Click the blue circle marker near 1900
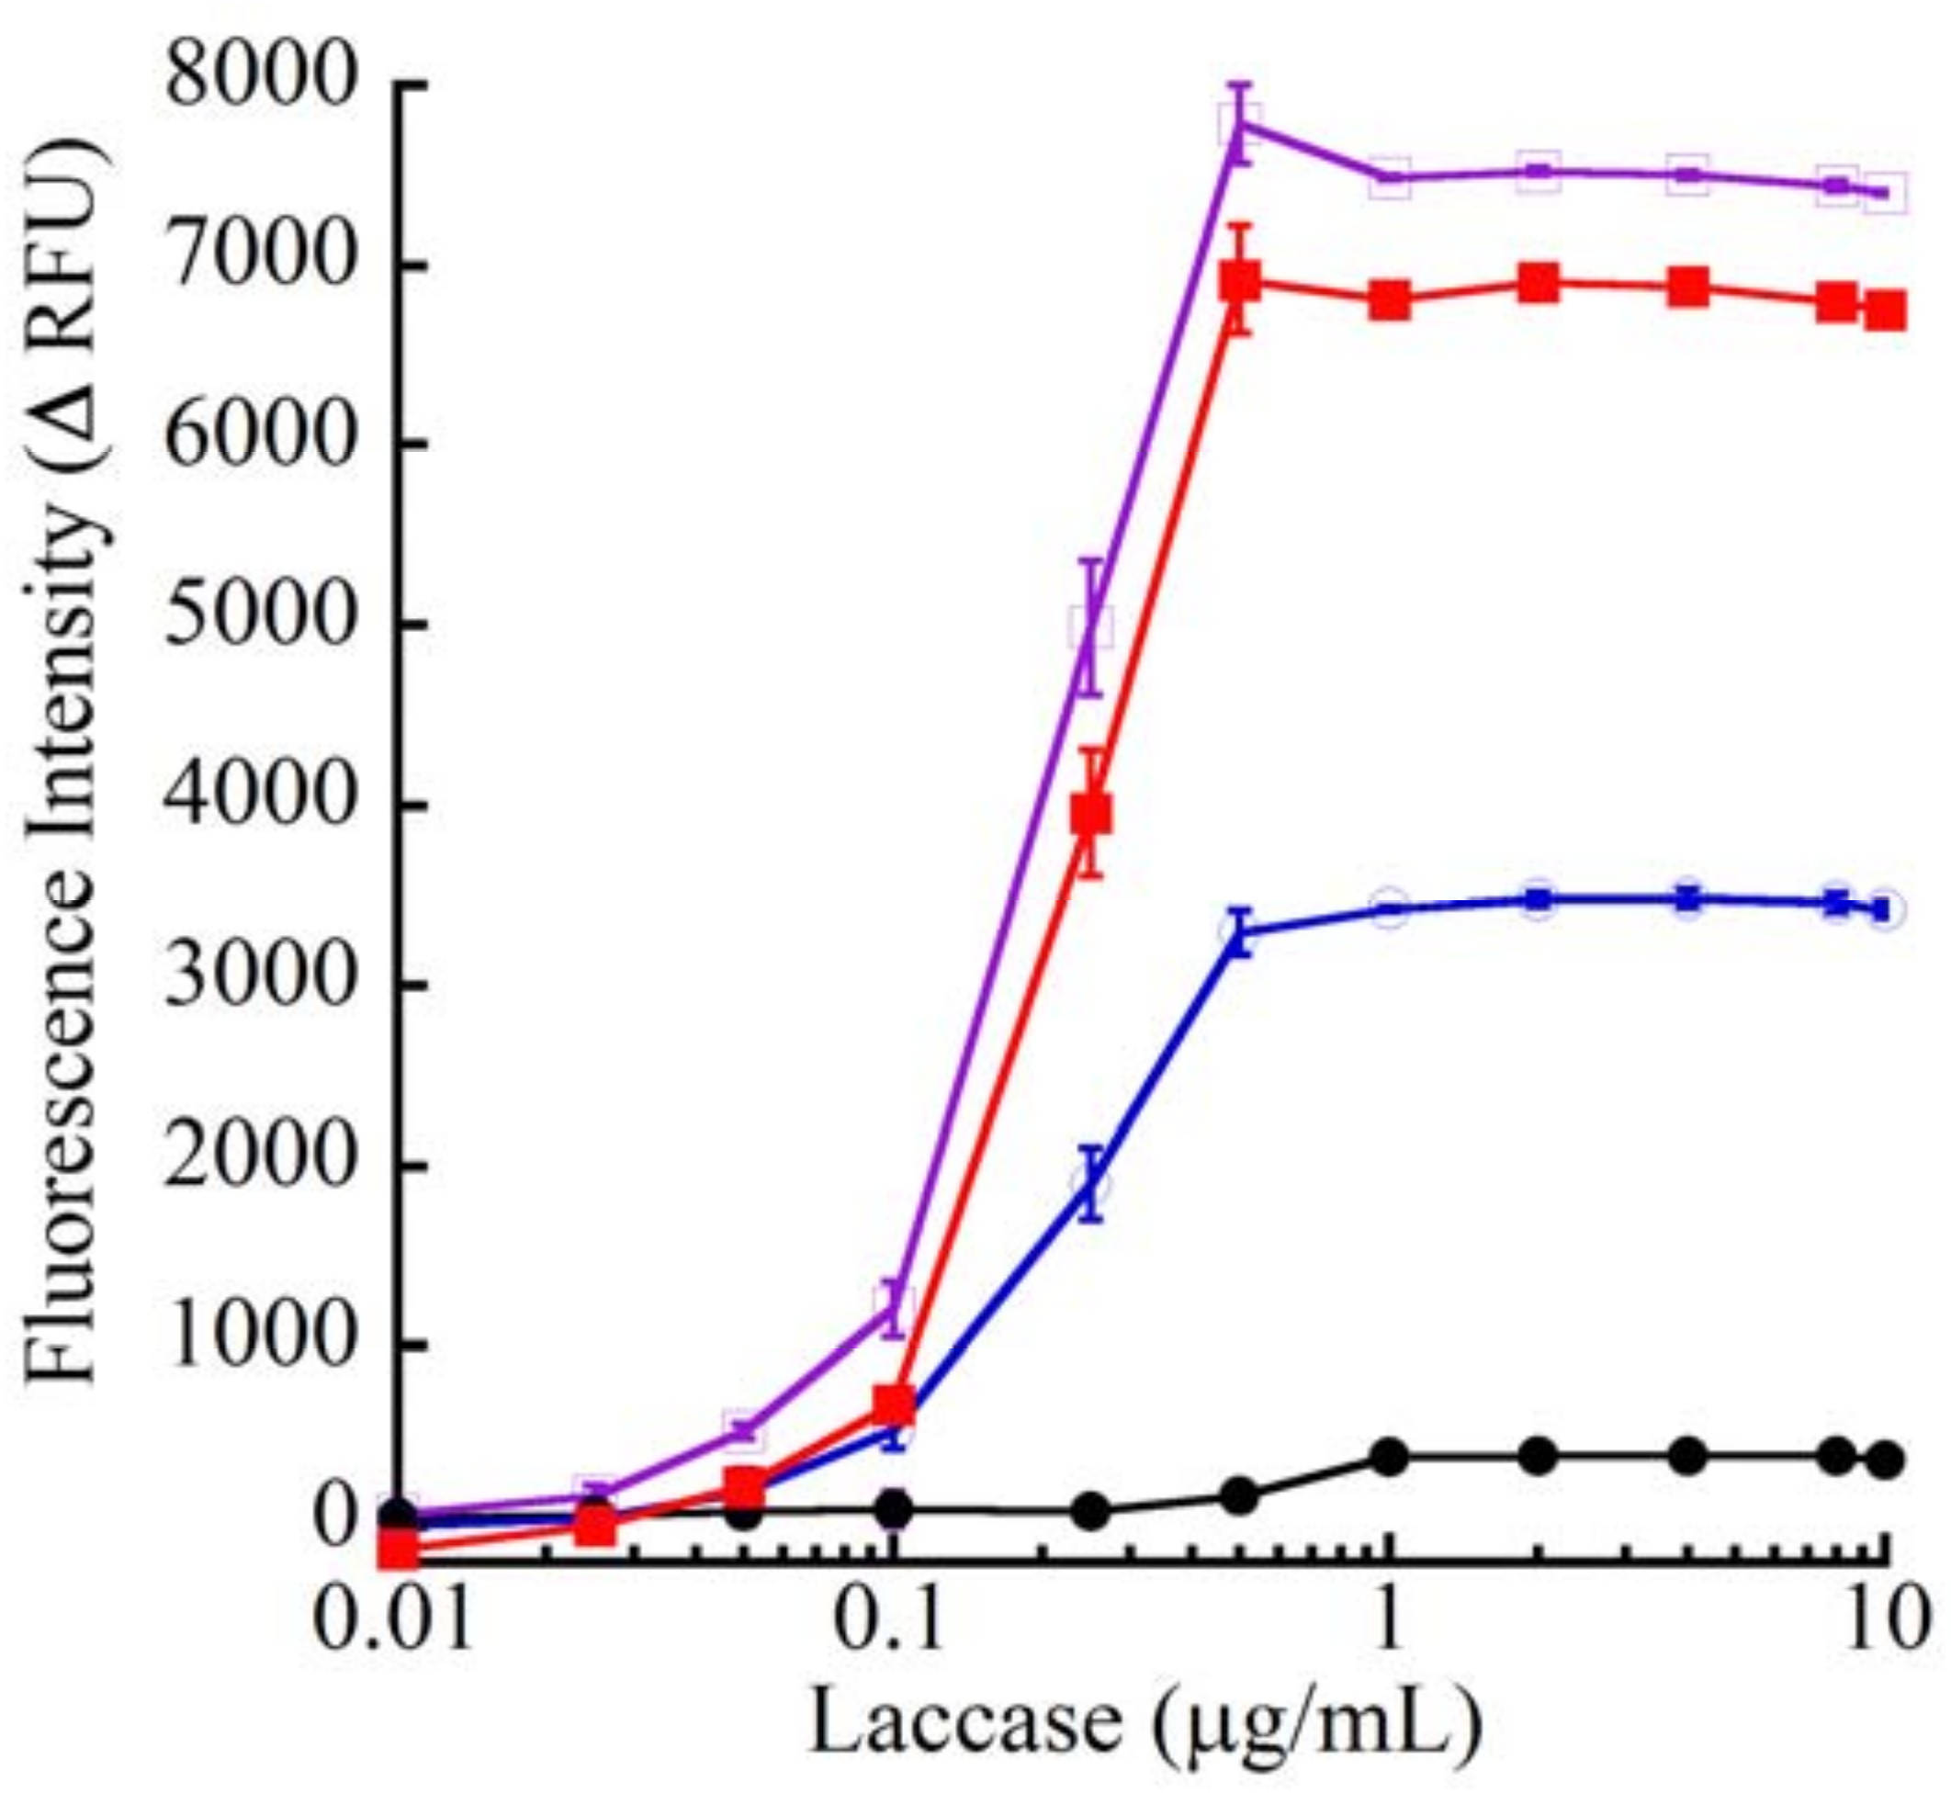pos(1092,1184)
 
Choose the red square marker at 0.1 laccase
pos(894,1403)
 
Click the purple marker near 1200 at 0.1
pos(894,1301)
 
